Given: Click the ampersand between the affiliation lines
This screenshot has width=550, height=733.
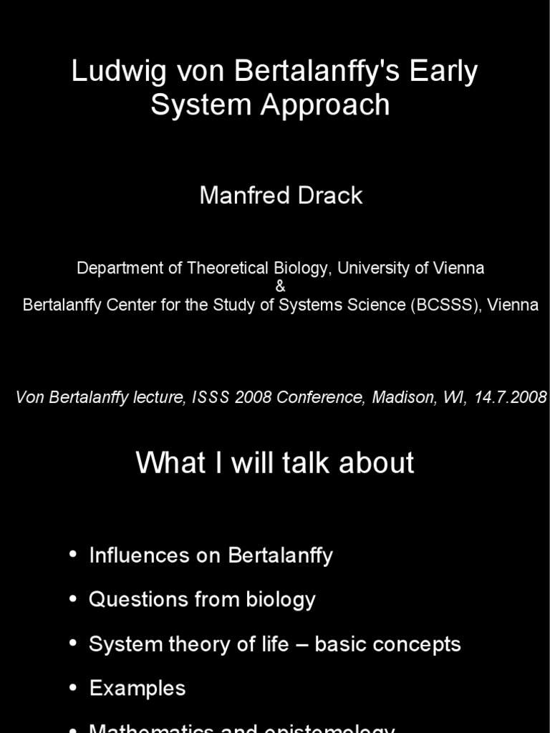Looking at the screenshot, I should (280, 286).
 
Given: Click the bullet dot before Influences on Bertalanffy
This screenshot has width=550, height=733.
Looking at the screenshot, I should (73, 555).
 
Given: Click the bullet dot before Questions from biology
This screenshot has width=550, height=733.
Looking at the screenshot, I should (73, 599).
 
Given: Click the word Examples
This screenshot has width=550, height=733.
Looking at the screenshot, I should (137, 689).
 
